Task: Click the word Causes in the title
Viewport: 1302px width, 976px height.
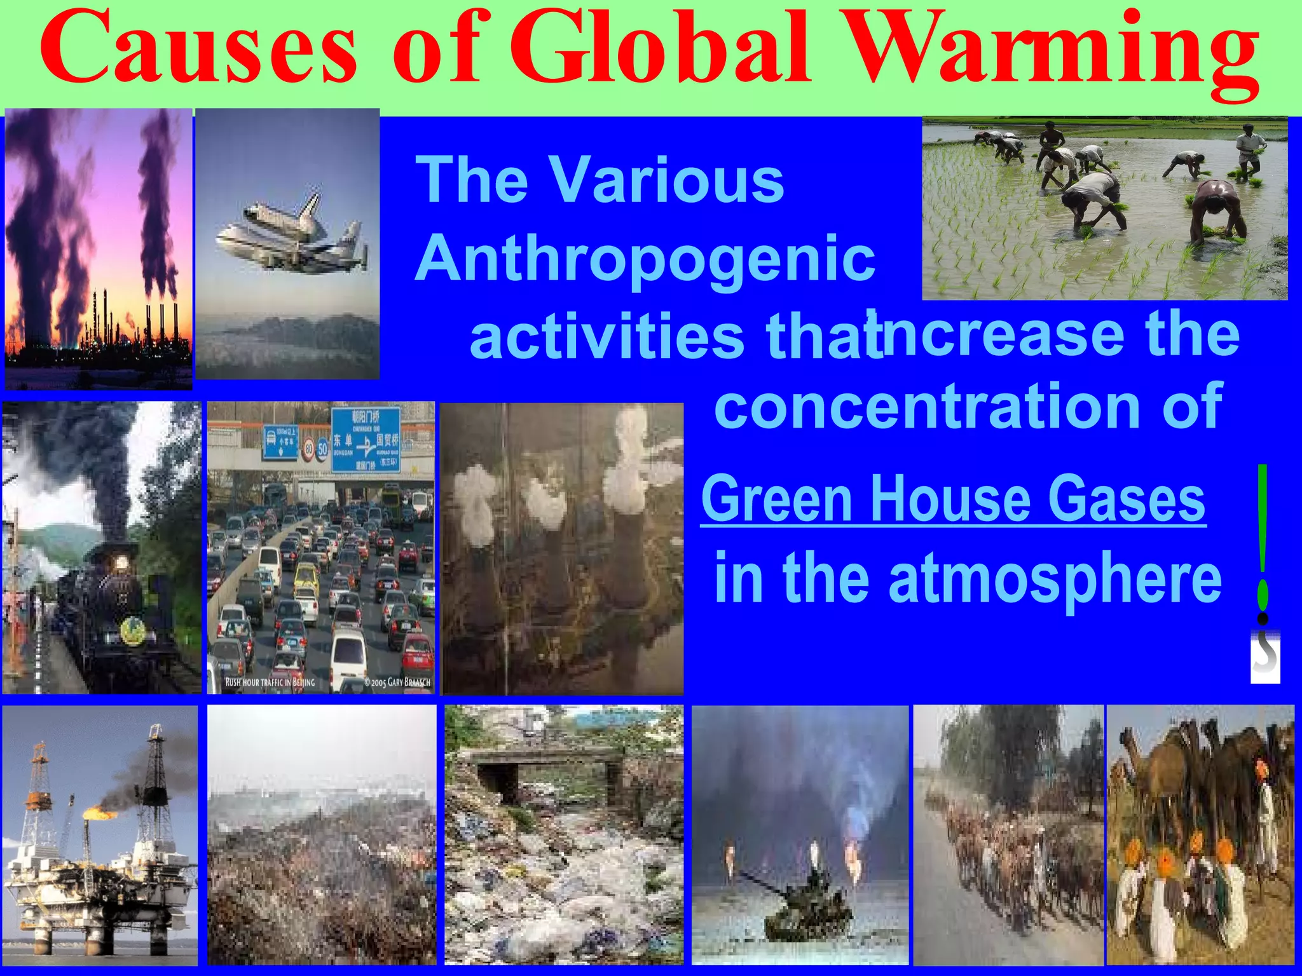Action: pos(198,51)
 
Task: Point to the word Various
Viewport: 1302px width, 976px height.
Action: pos(667,180)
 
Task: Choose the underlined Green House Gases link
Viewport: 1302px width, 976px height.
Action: pos(953,500)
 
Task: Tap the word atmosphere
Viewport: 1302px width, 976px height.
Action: pos(1055,578)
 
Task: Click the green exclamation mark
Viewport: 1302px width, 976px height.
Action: pos(1263,540)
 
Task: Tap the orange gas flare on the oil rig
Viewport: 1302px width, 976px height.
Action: pos(99,813)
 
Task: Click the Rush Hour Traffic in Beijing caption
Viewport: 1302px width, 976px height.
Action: pos(270,682)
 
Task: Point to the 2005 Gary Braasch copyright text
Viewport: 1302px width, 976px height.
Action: pos(397,682)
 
